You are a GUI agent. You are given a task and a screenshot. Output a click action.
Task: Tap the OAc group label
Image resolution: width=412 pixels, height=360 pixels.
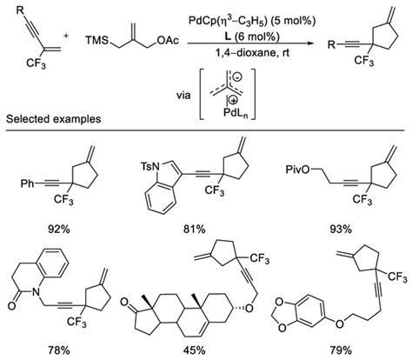(x=159, y=40)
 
